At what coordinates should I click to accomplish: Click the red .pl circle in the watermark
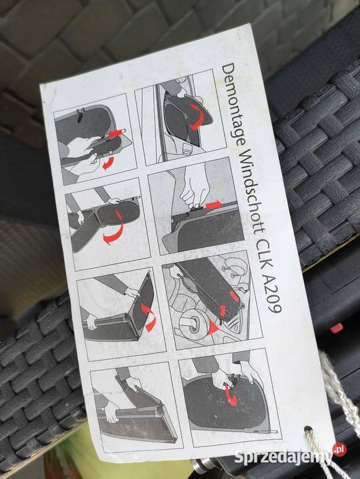(x=339, y=449)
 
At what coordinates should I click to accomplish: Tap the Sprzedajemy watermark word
(x=283, y=456)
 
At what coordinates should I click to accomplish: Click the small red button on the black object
(x=337, y=329)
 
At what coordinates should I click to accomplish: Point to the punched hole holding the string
(x=307, y=430)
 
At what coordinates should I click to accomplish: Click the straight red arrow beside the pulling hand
(x=213, y=205)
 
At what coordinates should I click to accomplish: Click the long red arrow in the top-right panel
(x=195, y=116)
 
